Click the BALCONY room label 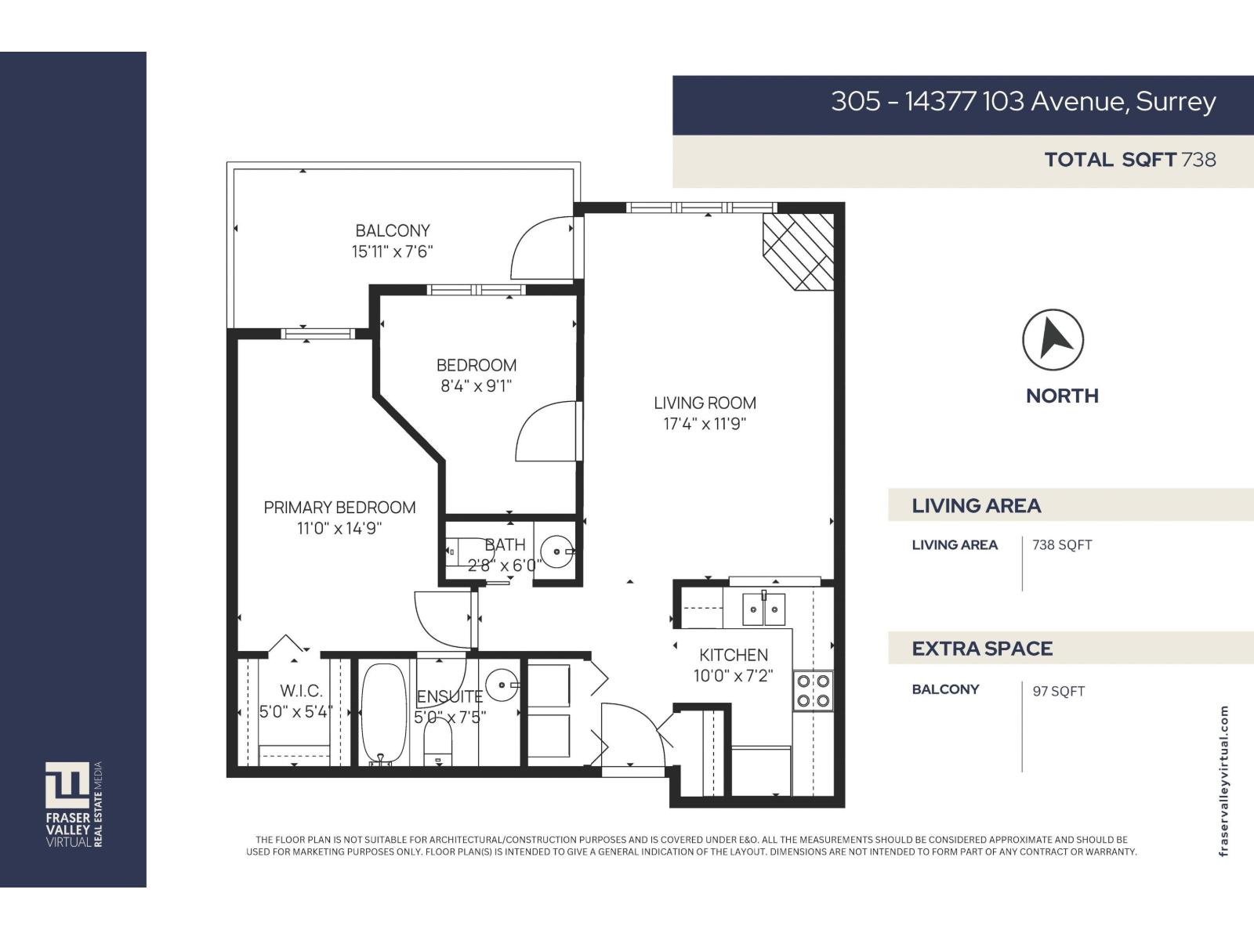(x=392, y=231)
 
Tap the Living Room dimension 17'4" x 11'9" (x=704, y=425)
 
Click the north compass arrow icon (x=1053, y=340)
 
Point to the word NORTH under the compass (x=1062, y=396)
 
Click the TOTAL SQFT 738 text (x=1129, y=160)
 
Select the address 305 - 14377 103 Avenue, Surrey (x=1023, y=102)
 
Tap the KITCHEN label (x=734, y=655)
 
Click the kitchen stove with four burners (x=814, y=691)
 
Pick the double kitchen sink (x=763, y=609)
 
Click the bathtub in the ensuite (x=384, y=714)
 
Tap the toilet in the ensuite (x=438, y=741)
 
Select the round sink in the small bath (x=557, y=551)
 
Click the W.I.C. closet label (x=301, y=691)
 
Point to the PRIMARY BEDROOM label (x=339, y=508)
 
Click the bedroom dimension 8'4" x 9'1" (x=476, y=386)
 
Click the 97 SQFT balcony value (x=1058, y=691)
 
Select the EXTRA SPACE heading (x=982, y=649)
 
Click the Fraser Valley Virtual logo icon (x=67, y=785)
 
